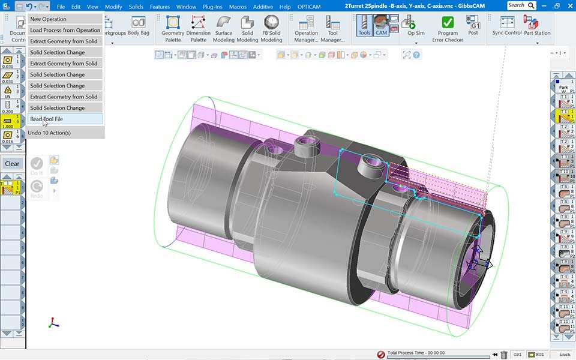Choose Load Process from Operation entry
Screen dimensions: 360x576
(x=65, y=30)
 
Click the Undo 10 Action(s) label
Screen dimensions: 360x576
(x=49, y=133)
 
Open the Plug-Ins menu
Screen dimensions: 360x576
(x=212, y=7)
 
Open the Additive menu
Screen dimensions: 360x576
(x=263, y=7)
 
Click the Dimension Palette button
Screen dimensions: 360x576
(x=198, y=29)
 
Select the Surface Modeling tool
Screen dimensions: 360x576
(x=224, y=29)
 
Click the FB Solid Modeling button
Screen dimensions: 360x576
(x=271, y=29)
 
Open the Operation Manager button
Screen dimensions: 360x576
(x=306, y=29)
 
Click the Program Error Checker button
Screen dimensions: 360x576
(x=448, y=29)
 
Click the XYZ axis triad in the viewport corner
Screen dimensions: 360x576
(x=53, y=323)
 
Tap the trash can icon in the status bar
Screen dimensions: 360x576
(x=504, y=355)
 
